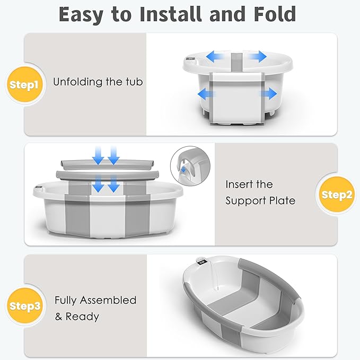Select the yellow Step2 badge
coord(337,195)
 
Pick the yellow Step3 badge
coord(24,306)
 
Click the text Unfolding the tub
coord(98,82)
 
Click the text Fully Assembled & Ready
coord(95,308)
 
